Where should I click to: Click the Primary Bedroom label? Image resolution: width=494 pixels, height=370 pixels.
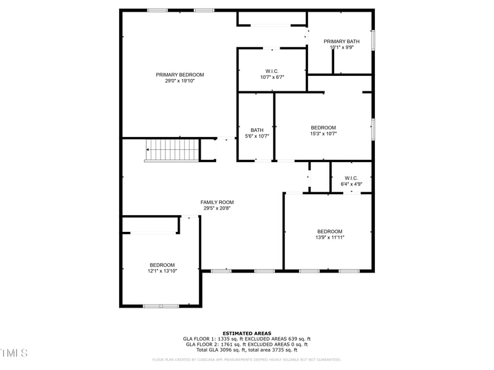[180, 75]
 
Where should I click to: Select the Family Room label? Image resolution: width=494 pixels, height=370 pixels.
[217, 202]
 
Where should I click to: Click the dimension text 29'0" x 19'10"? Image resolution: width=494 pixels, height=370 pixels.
[180, 81]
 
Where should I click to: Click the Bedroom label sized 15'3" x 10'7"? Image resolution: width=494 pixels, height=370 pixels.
[323, 128]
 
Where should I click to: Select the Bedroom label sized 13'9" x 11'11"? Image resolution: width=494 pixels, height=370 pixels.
[330, 232]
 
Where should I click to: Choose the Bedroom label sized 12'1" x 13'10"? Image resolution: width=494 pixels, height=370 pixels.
[162, 265]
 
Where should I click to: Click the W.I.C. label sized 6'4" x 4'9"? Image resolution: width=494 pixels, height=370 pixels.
[351, 178]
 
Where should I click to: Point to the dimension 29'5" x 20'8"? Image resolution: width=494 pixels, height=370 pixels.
[217, 208]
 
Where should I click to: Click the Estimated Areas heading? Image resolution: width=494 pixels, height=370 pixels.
[247, 334]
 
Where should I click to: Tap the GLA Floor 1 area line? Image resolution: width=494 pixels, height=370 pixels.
[247, 339]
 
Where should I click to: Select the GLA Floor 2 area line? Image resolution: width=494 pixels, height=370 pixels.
[247, 345]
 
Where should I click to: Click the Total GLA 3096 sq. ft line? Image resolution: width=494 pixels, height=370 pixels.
[247, 350]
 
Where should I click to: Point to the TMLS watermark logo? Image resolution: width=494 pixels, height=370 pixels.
[14, 353]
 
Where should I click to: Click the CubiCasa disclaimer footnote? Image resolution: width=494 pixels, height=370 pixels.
[247, 360]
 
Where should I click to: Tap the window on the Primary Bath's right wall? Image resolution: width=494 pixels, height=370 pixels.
[372, 40]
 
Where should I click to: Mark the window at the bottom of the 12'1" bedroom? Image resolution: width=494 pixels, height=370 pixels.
[161, 306]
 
